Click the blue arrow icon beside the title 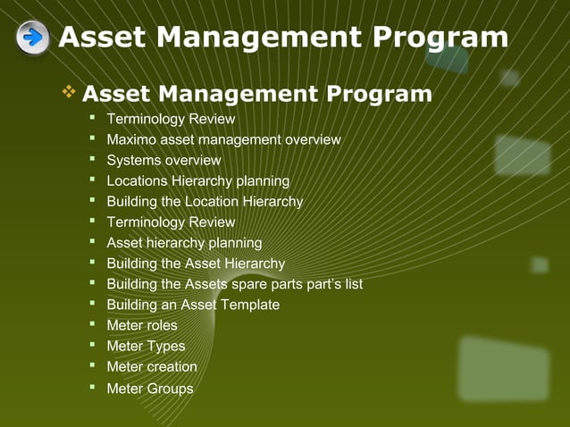pos(33,38)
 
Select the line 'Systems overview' pos(163,160)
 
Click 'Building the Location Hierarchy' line pos(205,201)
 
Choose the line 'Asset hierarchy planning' pos(184,242)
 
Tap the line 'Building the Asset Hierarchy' pos(196,263)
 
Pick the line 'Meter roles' pos(142,325)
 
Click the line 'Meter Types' pos(146,346)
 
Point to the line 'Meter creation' pos(152,366)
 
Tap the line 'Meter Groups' pos(149,389)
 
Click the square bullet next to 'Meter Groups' pos(92,387)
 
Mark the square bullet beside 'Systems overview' pos(92,159)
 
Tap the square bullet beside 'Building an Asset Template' pos(92,304)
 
